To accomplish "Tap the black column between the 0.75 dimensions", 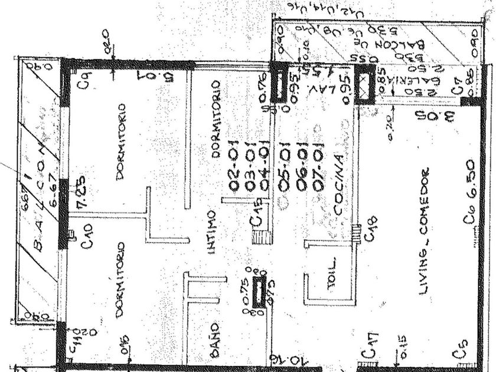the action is point(258,291).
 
